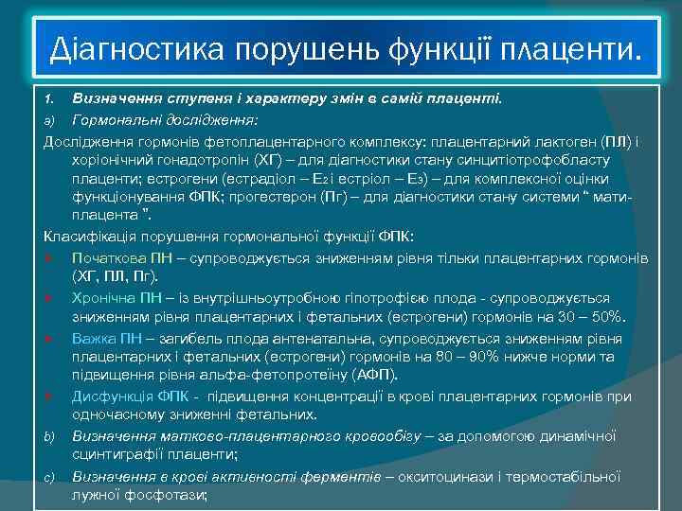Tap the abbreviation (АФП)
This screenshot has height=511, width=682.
coord(350,375)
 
